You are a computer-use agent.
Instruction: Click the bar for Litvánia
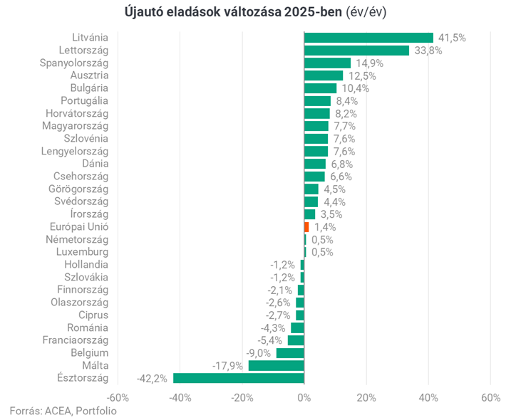coord(368,38)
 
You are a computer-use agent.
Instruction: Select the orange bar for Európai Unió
coord(306,226)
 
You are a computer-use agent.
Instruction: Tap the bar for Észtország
coord(239,378)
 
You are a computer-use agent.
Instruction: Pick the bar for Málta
coord(276,365)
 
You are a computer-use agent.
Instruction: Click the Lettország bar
coord(356,51)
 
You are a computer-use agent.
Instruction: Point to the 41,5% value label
coord(452,38)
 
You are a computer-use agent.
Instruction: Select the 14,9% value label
coord(368,63)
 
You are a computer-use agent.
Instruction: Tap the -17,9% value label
coord(228,365)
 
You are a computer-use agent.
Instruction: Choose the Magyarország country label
coord(76,126)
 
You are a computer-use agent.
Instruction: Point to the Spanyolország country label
coord(73,63)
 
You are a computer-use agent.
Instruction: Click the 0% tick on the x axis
coord(304,397)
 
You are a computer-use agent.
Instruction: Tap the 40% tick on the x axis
coord(428,397)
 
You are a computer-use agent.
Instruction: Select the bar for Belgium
coord(290,353)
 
